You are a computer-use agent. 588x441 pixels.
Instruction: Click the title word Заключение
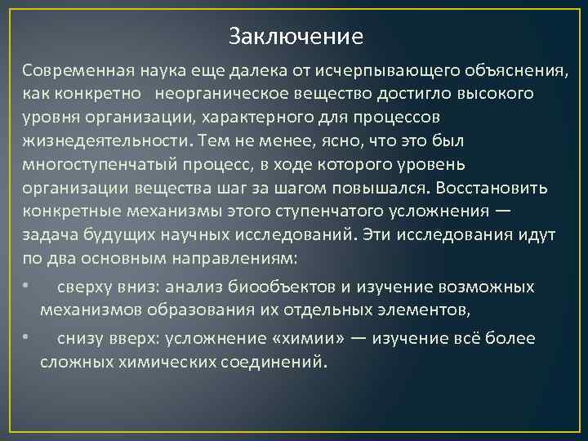295,37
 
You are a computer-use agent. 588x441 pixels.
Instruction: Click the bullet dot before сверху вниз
27,287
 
